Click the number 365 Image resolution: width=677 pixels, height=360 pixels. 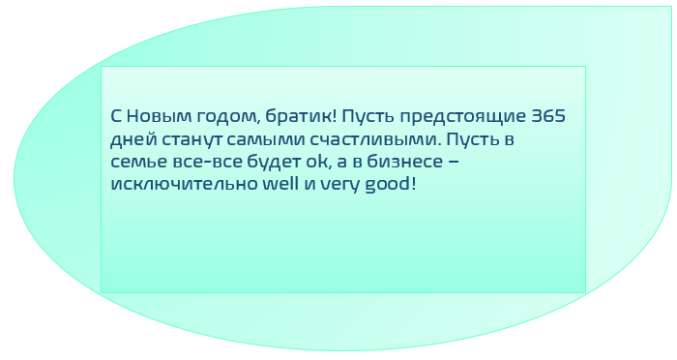pos(547,116)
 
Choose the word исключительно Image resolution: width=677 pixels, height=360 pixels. pos(177,183)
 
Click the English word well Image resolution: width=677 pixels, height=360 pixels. pos(269,183)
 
